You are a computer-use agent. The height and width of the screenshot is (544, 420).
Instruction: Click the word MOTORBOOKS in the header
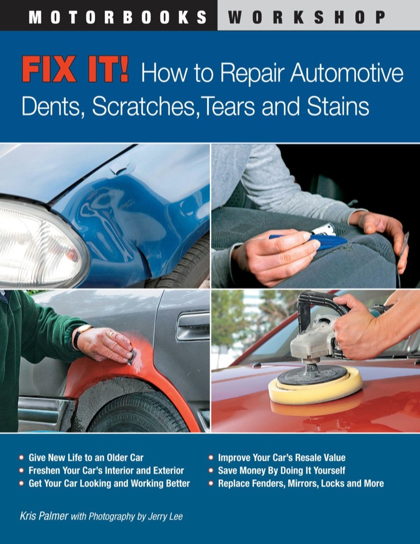click(x=118, y=17)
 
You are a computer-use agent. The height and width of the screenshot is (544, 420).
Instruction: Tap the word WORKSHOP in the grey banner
click(x=307, y=17)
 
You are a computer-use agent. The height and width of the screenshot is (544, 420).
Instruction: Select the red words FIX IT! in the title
click(x=75, y=70)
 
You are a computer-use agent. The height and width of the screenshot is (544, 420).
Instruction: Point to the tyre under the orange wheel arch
click(x=139, y=412)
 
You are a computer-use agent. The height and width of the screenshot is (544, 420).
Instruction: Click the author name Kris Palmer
click(x=44, y=516)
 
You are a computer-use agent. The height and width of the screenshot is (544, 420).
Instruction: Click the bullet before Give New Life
click(x=22, y=458)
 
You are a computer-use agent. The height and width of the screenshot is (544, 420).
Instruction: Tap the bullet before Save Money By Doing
click(x=211, y=471)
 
